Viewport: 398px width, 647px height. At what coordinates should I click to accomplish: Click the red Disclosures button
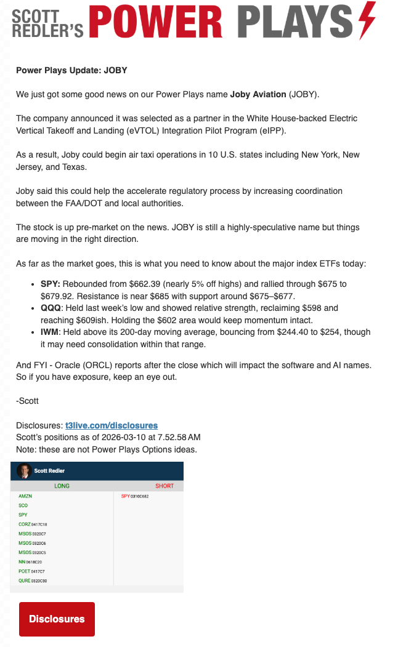[57, 619]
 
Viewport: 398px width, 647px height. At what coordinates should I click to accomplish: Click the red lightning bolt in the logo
[367, 20]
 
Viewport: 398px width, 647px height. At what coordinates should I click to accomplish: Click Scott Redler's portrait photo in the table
[25, 470]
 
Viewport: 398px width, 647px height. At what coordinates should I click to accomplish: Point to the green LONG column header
[62, 486]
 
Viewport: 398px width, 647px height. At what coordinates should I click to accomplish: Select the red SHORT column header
[164, 486]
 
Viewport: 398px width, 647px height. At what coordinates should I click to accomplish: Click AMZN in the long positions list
[25, 496]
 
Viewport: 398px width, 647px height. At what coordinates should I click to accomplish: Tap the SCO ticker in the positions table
[23, 505]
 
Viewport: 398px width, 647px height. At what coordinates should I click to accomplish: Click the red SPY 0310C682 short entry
[135, 496]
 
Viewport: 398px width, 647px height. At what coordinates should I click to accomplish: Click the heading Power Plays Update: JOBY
[71, 70]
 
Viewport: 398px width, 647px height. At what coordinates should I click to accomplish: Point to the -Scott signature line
[27, 401]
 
